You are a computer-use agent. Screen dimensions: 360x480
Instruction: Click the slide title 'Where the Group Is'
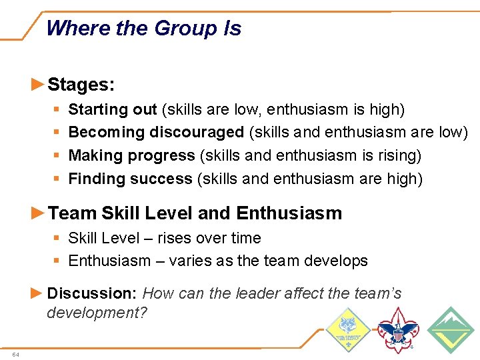coord(144,29)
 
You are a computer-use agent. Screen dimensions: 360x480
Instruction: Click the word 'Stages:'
coord(81,85)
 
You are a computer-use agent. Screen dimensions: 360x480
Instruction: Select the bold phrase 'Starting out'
coord(113,109)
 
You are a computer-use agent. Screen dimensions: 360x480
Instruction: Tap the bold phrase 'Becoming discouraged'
coord(156,133)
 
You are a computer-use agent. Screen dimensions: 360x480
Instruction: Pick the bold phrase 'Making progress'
coord(131,156)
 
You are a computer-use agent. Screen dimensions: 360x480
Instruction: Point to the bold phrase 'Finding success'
coord(130,179)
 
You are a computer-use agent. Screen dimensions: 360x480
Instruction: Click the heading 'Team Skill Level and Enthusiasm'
coord(195,213)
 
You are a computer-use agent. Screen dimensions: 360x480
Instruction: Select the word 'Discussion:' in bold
coord(93,293)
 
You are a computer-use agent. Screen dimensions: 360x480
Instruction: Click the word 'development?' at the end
coord(97,313)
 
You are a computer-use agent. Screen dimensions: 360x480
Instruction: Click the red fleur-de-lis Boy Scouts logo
coord(398,330)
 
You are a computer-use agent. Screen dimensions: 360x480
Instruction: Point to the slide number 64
coord(15,354)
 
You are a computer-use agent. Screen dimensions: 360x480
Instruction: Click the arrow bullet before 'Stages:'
coord(38,85)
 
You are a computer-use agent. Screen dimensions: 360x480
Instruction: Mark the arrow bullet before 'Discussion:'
coord(38,293)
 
